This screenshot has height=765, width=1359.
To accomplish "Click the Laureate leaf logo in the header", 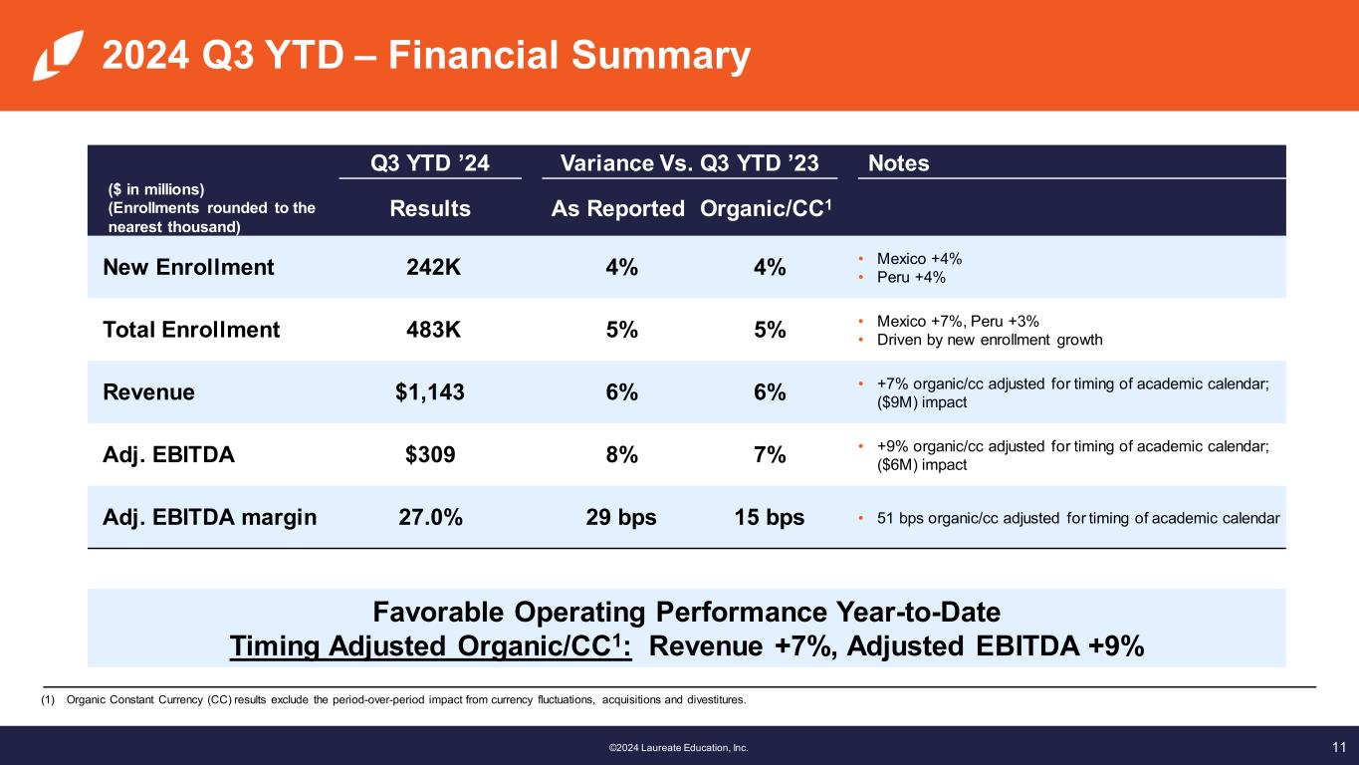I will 51,56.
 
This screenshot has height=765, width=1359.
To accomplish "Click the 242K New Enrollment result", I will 433,267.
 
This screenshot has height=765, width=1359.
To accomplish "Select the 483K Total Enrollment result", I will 433,330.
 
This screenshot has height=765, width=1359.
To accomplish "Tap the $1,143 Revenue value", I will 430,392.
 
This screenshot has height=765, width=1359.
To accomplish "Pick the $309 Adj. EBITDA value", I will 430,455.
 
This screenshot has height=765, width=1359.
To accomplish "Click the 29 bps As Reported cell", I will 621,518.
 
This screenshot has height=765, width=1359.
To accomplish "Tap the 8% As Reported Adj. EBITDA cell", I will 621,455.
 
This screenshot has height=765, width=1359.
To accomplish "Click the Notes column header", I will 899,163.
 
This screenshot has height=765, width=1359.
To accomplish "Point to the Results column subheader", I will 430,209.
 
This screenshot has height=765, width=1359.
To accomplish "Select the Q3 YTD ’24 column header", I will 430,163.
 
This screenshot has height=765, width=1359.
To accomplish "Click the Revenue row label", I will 149,392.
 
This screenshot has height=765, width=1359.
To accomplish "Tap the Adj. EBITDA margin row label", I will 210,518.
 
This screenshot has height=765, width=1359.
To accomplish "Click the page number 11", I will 1338,746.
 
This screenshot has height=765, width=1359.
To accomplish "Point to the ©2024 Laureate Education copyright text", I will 678,747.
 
